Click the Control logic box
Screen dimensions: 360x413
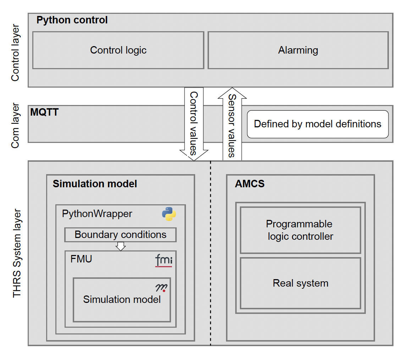click(x=118, y=50)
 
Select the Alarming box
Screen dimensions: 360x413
click(x=298, y=50)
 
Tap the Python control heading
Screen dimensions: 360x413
click(x=72, y=20)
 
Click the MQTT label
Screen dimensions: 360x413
click(x=44, y=113)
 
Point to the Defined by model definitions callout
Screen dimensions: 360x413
click(x=318, y=124)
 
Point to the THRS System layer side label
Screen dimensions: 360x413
click(x=17, y=254)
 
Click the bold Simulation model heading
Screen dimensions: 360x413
click(x=95, y=184)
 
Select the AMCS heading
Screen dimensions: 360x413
click(x=249, y=184)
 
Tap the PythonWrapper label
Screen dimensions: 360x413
click(x=97, y=214)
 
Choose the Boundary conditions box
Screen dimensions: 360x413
click(x=120, y=235)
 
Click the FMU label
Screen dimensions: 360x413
click(x=81, y=259)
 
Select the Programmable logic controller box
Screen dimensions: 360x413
click(x=300, y=230)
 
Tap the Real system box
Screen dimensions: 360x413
click(x=300, y=283)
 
